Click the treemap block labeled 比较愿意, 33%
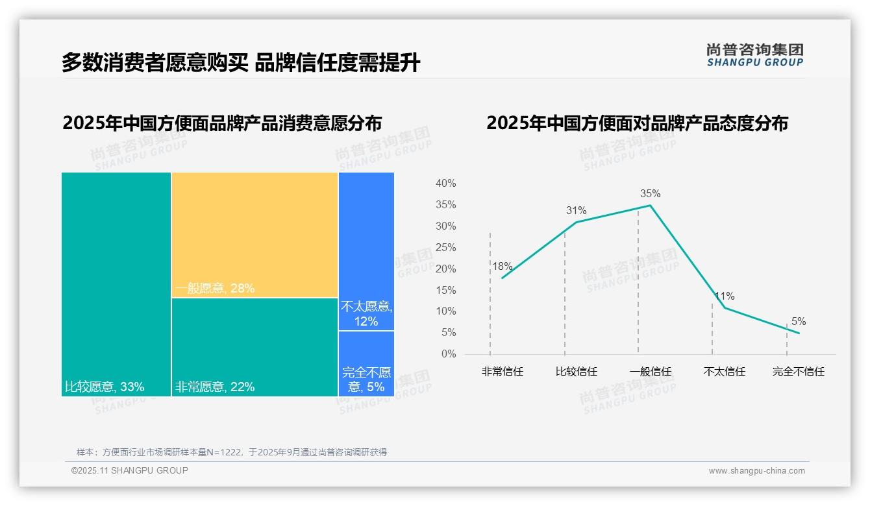[116, 284]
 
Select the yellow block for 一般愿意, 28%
[255, 235]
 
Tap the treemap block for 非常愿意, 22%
[255, 347]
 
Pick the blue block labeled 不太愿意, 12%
[366, 251]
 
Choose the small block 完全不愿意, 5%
[366, 364]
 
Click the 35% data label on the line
[650, 193]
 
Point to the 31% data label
[576, 210]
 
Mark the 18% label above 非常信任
[502, 266]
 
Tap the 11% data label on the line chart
[725, 296]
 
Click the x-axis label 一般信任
[650, 372]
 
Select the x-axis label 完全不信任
[798, 372]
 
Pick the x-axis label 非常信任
[502, 372]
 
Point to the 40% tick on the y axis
[445, 184]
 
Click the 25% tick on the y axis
[445, 247]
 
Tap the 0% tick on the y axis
[448, 354]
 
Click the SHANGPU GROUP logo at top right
[754, 55]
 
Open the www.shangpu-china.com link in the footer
[756, 471]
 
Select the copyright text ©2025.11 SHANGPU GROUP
[130, 470]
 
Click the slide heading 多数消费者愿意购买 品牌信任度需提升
[241, 62]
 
